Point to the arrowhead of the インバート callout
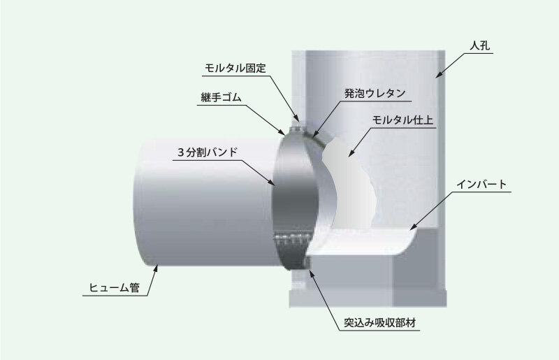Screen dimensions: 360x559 pos(411,229)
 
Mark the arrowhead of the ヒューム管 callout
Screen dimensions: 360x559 pos(158,264)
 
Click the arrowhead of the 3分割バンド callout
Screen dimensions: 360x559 pos(275,184)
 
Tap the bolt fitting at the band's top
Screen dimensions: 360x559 pos(298,126)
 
